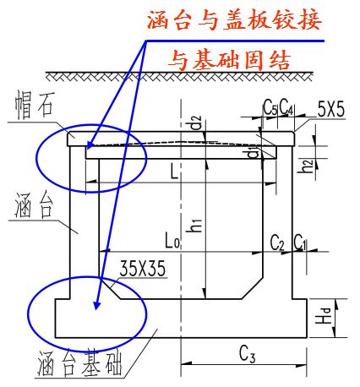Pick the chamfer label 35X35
coord(141,269)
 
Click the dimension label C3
coord(247,351)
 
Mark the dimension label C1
coord(300,243)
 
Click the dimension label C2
coord(277,243)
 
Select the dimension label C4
coord(286,108)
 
